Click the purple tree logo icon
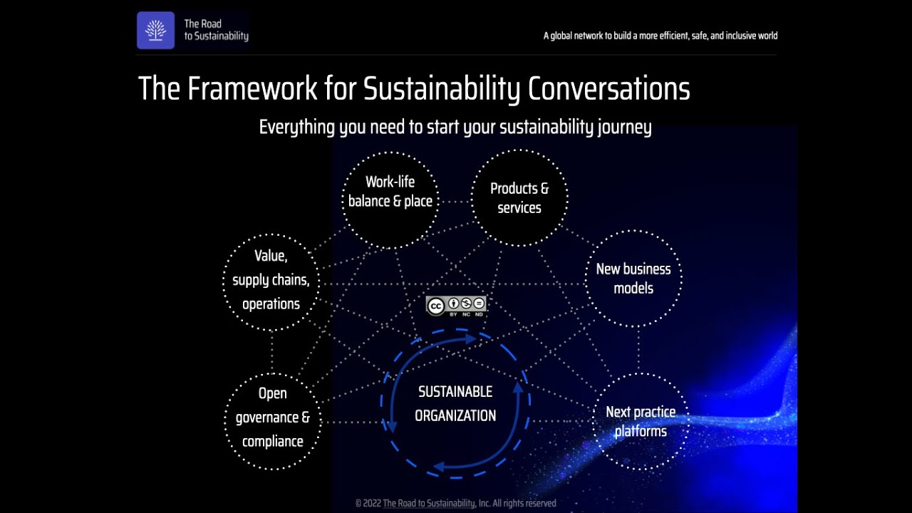155,31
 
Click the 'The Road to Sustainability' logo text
216,30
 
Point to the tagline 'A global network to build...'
660,36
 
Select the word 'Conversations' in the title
608,89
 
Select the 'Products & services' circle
519,198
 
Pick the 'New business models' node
633,279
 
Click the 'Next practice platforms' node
641,422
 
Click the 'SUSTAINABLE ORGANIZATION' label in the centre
455,404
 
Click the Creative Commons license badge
456,306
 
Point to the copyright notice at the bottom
455,503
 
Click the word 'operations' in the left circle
271,304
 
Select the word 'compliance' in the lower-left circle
273,442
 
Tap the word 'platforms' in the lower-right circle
641,432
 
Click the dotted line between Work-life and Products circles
455,201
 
